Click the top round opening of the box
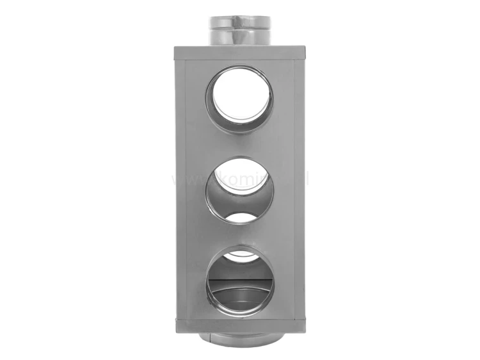[x=239, y=101]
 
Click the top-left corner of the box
[x=174, y=46]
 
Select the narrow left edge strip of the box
[x=179, y=192]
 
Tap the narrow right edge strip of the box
[x=300, y=192]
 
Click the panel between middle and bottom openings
[x=239, y=234]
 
